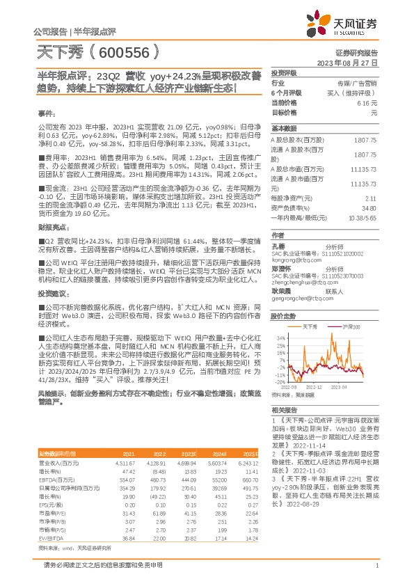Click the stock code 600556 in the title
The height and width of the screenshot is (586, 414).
tap(127, 52)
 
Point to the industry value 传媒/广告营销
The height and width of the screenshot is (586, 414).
tap(356, 83)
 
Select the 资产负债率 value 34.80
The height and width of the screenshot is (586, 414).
tap(369, 208)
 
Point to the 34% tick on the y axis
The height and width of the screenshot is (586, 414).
tap(280, 338)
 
